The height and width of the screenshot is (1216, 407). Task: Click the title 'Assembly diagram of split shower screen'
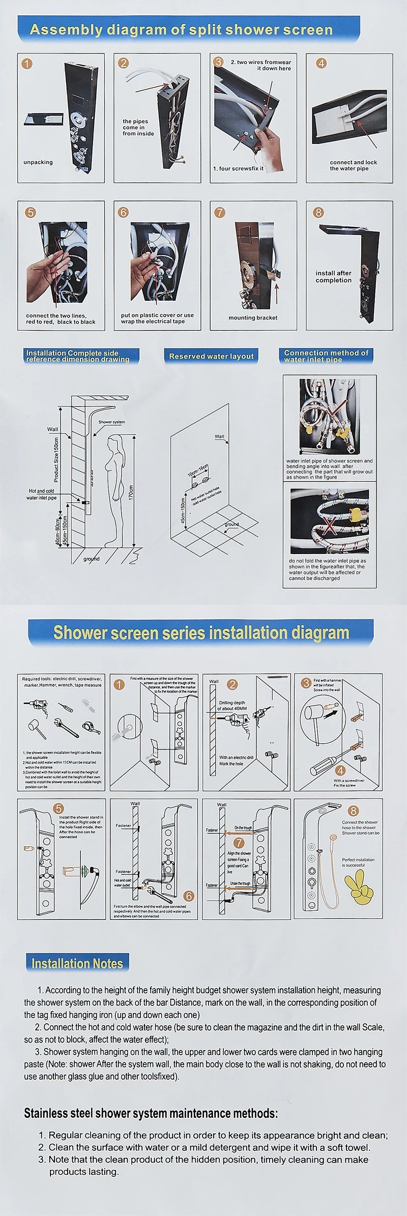[181, 29]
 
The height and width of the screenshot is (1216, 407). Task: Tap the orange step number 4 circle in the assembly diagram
[321, 64]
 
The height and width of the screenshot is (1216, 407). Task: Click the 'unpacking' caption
[38, 162]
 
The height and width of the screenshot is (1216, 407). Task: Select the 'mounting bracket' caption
[253, 317]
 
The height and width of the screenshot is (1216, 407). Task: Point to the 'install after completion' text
[333, 276]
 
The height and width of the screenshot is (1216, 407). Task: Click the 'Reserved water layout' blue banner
[211, 356]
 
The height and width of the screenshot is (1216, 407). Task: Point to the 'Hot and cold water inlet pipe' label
[42, 494]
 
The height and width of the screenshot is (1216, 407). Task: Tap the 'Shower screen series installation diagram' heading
[201, 632]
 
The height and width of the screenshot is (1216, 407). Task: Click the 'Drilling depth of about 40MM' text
[232, 705]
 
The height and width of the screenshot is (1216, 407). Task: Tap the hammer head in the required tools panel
[31, 725]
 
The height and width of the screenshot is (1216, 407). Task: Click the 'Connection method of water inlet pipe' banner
[326, 356]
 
